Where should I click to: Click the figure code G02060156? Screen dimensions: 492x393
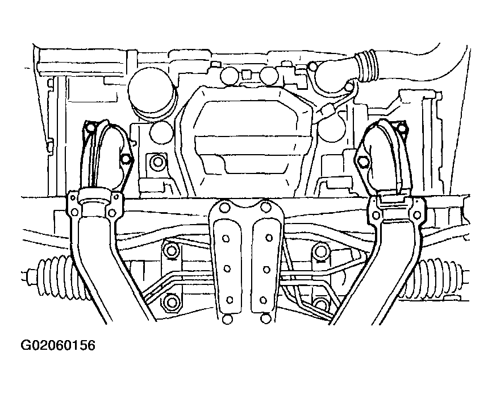[x=58, y=345]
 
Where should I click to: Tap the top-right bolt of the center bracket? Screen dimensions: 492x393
[x=266, y=207]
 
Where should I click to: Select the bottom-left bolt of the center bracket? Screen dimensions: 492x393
[x=227, y=320]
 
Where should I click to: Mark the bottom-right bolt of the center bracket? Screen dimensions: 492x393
[x=265, y=318]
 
